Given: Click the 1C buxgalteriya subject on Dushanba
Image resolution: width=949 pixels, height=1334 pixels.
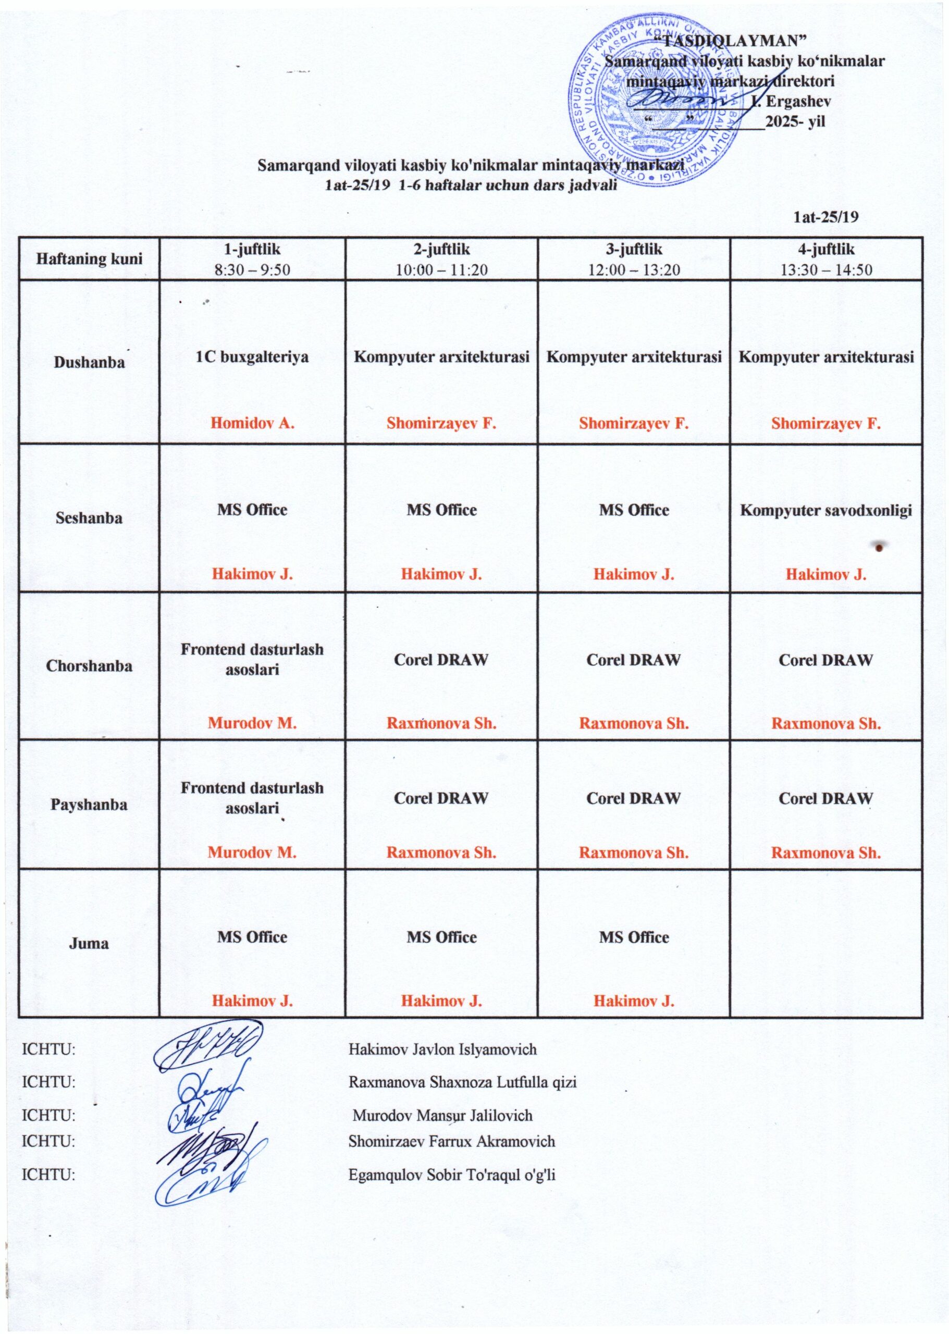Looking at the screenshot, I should click(x=252, y=356).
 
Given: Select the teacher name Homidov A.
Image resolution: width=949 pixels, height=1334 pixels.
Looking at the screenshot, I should click(x=252, y=423).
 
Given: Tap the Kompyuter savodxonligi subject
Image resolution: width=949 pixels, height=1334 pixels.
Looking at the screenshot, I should click(x=825, y=510).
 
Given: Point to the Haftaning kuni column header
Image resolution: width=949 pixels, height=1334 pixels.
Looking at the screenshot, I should click(x=89, y=258).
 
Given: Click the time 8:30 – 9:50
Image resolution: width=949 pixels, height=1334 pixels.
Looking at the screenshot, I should click(x=252, y=269).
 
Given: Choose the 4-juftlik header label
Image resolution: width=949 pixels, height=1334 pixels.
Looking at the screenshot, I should click(x=825, y=250).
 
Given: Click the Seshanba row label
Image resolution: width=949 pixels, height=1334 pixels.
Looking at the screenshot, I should click(x=89, y=517).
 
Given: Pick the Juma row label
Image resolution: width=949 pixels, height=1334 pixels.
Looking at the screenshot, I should click(x=89, y=943).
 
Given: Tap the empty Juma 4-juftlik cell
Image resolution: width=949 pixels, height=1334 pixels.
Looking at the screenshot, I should click(x=825, y=943).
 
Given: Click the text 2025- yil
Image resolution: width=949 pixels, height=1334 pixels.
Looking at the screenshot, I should click(x=795, y=121).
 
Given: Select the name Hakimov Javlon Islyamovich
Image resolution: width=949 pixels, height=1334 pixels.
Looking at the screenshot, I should click(x=442, y=1049).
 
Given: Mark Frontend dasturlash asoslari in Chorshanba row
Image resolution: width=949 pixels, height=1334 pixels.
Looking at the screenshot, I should click(x=252, y=659).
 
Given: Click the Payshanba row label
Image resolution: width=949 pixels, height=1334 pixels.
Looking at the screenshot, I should click(x=89, y=805).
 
